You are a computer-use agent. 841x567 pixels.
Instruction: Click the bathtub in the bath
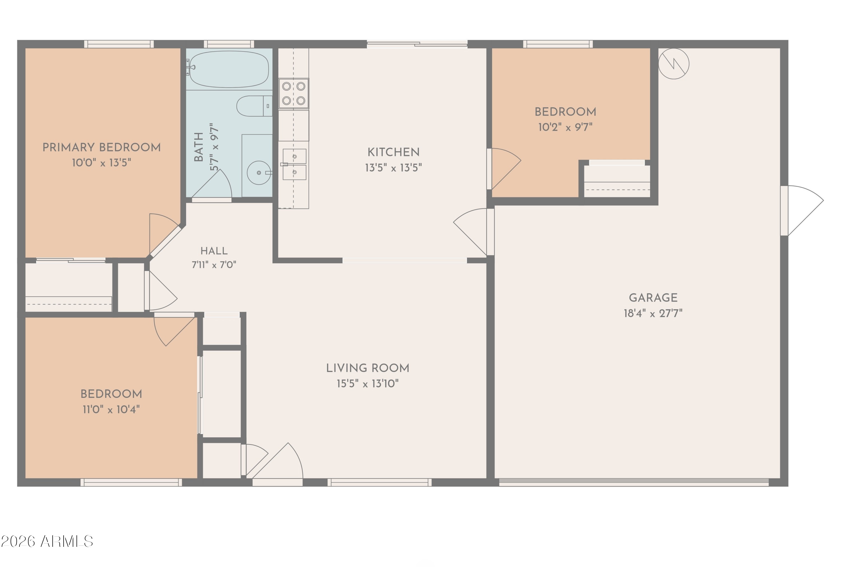tap(229, 69)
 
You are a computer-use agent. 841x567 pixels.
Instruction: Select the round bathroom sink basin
tap(259, 173)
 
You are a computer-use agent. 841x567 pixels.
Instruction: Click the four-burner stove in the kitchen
tap(294, 93)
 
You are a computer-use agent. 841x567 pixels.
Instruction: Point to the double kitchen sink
tap(294, 164)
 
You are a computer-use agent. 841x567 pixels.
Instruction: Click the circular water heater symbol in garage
tap(673, 64)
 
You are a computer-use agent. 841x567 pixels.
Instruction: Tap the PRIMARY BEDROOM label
tap(101, 148)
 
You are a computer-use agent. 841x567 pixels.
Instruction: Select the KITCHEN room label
tap(393, 152)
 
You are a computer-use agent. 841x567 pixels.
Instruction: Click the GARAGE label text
tap(653, 298)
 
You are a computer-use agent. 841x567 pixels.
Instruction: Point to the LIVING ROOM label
tap(368, 368)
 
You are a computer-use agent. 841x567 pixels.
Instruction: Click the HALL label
tap(214, 251)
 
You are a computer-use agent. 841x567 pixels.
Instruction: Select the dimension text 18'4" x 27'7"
tap(653, 313)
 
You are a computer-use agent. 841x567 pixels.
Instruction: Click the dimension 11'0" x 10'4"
tap(111, 409)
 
